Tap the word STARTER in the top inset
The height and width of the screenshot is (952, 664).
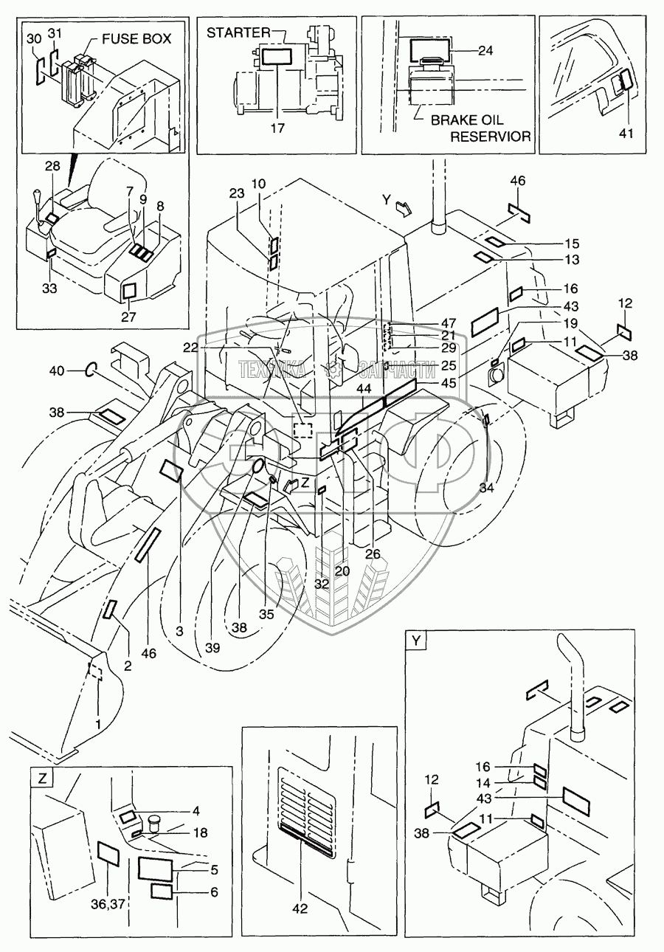[x=237, y=32]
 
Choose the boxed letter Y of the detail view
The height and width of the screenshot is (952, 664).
[x=417, y=641]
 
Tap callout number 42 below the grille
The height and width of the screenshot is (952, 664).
[x=300, y=909]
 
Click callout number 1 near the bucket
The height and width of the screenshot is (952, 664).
[x=98, y=725]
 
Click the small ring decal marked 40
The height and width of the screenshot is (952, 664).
[x=91, y=370]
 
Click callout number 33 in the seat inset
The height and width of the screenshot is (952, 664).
[x=49, y=289]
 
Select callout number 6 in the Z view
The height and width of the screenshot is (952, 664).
[x=214, y=892]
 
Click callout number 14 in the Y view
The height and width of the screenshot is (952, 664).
[x=502, y=782]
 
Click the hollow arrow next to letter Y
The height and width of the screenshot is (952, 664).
[x=404, y=207]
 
